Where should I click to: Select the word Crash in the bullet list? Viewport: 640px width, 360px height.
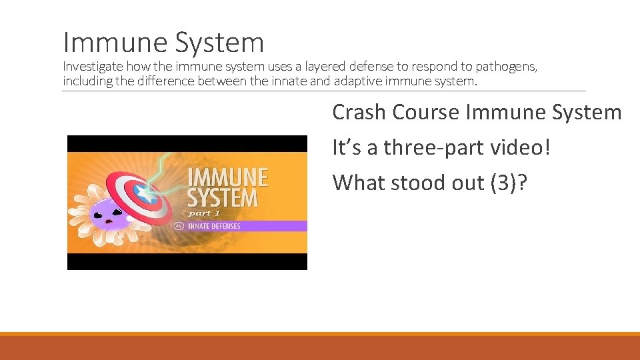coord(359,112)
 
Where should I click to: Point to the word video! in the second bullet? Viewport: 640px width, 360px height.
coord(525,147)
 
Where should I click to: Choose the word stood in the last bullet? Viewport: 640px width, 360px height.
coord(421,183)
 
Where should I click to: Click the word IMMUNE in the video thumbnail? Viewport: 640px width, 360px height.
coord(227,179)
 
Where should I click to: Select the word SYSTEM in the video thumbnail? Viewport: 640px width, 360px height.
coord(222,198)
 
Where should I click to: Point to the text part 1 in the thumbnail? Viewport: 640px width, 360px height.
coord(204,213)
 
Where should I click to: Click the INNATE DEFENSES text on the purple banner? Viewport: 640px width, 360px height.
coord(213,226)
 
